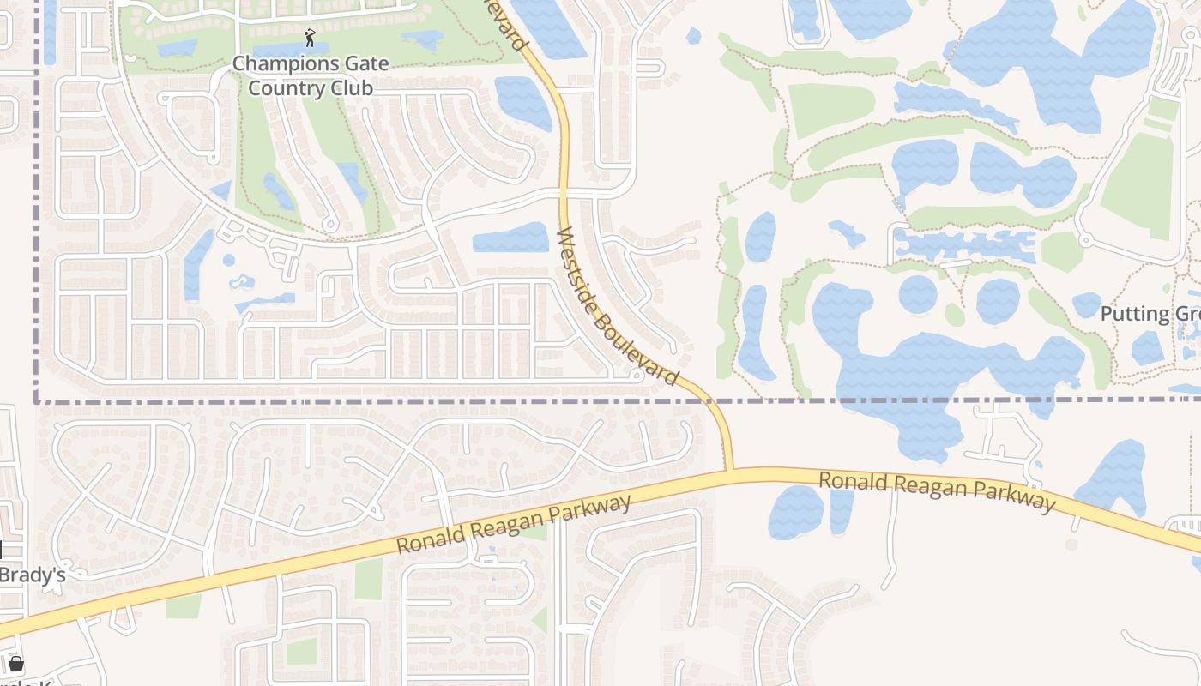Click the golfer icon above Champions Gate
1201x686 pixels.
(x=310, y=38)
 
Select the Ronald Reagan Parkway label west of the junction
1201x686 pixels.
(x=513, y=524)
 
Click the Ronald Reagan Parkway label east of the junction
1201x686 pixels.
(x=936, y=493)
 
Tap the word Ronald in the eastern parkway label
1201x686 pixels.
(x=853, y=482)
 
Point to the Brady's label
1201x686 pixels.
(x=33, y=575)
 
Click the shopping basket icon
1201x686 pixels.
(x=15, y=663)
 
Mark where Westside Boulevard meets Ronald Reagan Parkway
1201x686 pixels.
(x=729, y=471)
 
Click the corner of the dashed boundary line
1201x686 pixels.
(x=37, y=400)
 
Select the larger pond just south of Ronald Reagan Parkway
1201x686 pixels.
(x=795, y=512)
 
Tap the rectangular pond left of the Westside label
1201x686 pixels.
(x=511, y=238)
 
